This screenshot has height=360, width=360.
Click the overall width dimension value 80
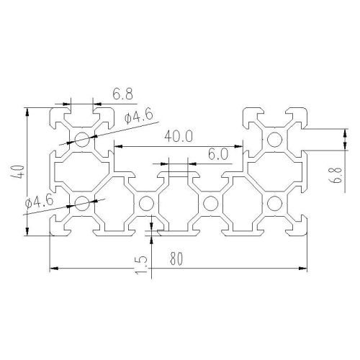(x=176, y=258)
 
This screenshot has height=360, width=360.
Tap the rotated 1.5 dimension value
(x=140, y=264)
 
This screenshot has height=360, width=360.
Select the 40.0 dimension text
(x=179, y=137)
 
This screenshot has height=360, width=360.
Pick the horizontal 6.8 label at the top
(x=122, y=94)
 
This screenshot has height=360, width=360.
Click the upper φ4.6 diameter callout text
(x=138, y=116)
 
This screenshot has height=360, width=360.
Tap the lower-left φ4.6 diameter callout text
(x=39, y=201)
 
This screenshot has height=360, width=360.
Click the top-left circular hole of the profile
(x=82, y=139)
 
